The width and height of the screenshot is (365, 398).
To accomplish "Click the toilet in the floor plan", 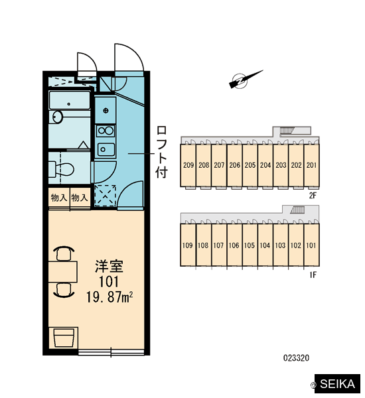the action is click(x=62, y=169).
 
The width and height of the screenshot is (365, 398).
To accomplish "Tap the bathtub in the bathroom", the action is click(x=70, y=100).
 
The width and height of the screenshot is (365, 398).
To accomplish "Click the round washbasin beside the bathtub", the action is click(x=57, y=117).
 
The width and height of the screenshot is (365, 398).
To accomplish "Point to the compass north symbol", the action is click(x=246, y=80).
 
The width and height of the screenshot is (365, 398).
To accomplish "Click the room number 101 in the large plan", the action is click(x=109, y=281).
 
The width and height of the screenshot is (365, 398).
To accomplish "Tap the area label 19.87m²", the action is click(x=110, y=297).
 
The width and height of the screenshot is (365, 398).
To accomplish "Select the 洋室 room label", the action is click(x=109, y=266).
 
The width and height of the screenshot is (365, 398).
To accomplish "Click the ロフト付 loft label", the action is click(x=161, y=152).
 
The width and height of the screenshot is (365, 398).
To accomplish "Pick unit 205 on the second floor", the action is click(x=250, y=165).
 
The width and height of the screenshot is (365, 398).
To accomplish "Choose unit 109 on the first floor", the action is click(x=187, y=245).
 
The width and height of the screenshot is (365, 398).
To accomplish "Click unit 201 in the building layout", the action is click(x=312, y=165).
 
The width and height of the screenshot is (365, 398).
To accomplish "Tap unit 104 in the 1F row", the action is click(x=265, y=245).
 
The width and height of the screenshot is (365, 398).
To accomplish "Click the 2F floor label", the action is click(x=313, y=196).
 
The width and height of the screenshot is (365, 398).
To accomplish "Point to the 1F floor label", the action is click(x=313, y=275).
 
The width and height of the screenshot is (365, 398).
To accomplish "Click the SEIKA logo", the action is click(x=337, y=384).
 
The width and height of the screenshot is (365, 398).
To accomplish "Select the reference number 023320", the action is click(x=296, y=358).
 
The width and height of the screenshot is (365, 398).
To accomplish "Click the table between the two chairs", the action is click(x=63, y=271).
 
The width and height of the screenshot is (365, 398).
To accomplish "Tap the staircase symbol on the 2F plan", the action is click(x=287, y=131).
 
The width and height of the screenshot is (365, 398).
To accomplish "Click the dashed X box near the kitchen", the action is click(x=105, y=196).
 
